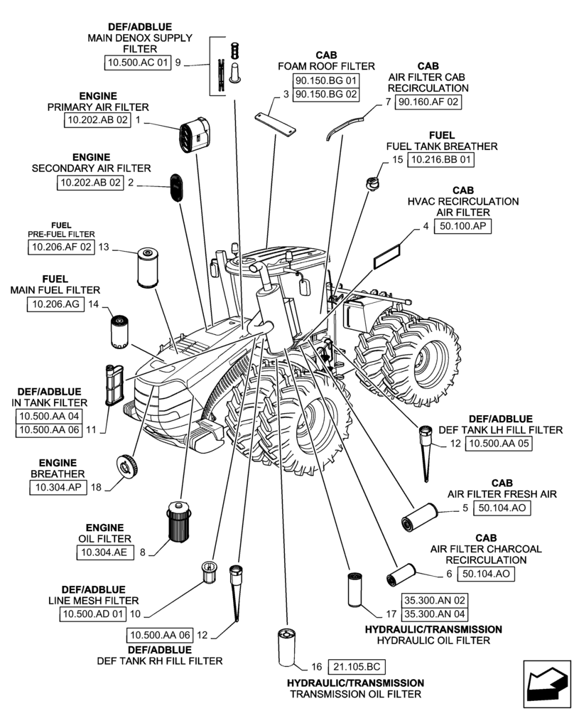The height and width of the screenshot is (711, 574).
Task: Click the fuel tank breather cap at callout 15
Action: click(372, 183)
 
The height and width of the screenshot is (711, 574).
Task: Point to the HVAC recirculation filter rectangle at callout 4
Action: click(387, 255)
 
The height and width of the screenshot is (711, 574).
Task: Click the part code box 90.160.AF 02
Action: click(428, 102)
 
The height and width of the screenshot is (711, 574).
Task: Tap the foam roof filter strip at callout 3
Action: click(276, 123)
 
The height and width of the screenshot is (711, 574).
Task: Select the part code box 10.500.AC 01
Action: click(139, 63)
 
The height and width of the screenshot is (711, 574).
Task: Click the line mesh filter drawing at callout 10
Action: click(209, 571)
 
